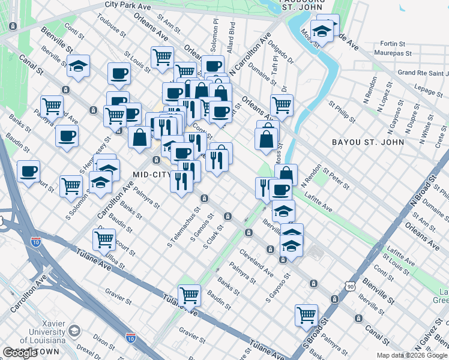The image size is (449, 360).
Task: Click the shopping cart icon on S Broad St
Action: [x=306, y=314]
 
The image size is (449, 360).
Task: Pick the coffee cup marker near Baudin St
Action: [x=28, y=172]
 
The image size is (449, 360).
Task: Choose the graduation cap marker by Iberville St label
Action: [x=283, y=211]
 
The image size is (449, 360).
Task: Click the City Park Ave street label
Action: [x=128, y=4]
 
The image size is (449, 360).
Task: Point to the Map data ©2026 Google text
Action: [x=411, y=355]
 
